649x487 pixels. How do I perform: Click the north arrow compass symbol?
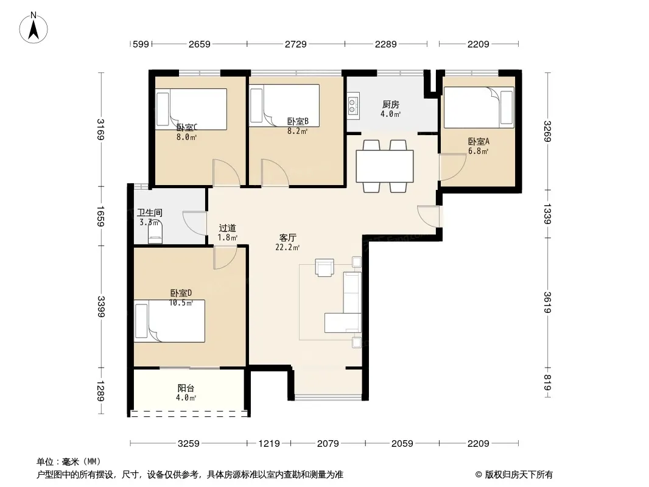pos(33,28)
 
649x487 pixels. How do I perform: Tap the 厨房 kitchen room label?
pos(391,104)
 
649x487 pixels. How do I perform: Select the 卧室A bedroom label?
pos(479,141)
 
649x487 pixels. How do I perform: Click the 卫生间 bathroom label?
pos(149,212)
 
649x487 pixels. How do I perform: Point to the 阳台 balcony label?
pos(186,388)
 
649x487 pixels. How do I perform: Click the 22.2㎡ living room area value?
pos(287,247)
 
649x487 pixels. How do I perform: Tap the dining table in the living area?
pos(385,166)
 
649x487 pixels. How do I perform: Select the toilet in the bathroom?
pos(155,234)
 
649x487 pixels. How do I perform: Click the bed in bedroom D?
pos(169,321)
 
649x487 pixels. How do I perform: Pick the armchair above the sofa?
pos(324,267)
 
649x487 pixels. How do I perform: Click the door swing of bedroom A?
pos(452,167)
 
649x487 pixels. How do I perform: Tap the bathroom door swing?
pos(195,223)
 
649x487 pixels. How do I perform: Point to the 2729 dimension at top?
pos(295,44)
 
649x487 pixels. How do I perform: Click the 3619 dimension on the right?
pos(547,303)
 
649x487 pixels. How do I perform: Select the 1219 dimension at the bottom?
pos(269,444)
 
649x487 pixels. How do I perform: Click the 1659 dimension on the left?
pos(100,216)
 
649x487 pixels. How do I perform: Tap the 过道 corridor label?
pos(227,228)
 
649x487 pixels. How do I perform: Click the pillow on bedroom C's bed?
pos(163,109)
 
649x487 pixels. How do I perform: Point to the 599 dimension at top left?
pos(141,44)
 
